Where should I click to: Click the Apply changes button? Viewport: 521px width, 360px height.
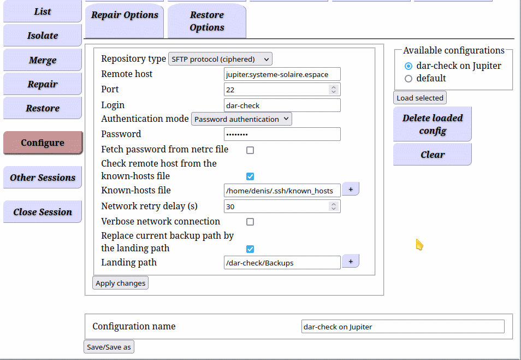point(120,283)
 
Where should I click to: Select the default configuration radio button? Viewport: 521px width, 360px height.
point(408,79)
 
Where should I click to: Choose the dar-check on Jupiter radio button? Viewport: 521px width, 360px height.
point(408,66)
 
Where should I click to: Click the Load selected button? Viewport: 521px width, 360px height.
point(419,98)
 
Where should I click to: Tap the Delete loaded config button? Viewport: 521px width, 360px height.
point(433,124)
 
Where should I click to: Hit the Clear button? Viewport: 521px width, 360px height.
point(433,155)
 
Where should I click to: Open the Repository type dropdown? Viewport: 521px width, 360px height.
point(220,59)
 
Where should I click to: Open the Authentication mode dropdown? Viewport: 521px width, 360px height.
point(241,119)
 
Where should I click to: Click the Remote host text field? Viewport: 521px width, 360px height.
point(282,74)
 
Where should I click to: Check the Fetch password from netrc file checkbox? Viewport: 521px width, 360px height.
point(250,150)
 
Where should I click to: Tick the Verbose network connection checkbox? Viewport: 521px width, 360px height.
point(250,222)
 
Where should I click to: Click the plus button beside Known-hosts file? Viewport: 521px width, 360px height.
point(351,189)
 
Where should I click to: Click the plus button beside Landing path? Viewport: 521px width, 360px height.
point(351,261)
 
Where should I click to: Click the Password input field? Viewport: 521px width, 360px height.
point(282,134)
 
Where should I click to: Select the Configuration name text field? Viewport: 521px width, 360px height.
point(402,327)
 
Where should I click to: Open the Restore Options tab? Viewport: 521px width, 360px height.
point(206,21)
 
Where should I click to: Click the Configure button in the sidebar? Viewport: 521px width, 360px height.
point(43,143)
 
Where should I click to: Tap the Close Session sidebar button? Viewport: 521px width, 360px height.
point(43,212)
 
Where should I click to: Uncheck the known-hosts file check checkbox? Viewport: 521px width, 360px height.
point(250,176)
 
